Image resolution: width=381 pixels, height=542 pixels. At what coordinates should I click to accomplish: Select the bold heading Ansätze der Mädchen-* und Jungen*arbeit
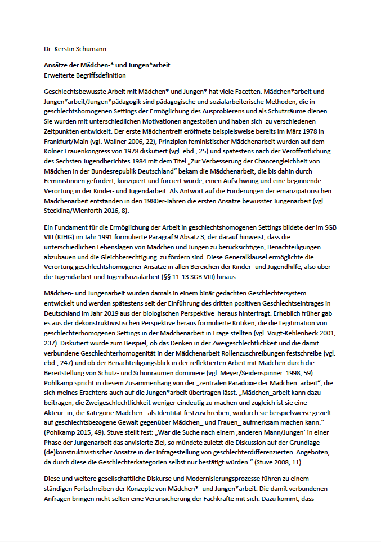107,66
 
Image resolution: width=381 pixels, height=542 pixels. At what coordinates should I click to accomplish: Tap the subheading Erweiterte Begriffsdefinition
84,75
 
